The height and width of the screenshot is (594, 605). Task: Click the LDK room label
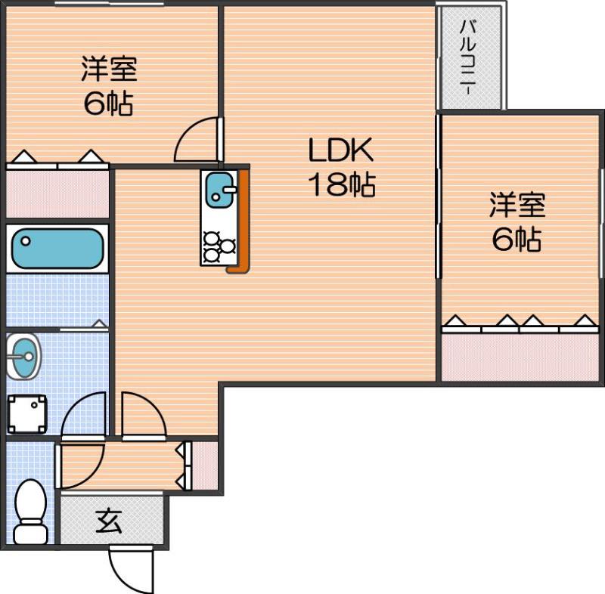pyautogui.click(x=340, y=150)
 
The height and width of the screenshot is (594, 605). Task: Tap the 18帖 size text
pyautogui.click(x=340, y=184)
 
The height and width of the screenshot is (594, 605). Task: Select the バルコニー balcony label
pyautogui.click(x=468, y=57)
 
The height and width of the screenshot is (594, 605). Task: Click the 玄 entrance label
pyautogui.click(x=110, y=521)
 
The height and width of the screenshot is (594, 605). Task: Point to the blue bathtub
pyautogui.click(x=57, y=248)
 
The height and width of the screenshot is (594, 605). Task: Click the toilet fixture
pyautogui.click(x=31, y=512)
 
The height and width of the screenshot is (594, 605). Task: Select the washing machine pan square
pyautogui.click(x=27, y=414)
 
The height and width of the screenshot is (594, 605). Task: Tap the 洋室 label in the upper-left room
pyautogui.click(x=109, y=70)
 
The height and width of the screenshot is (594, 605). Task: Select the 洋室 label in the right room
pyautogui.click(x=517, y=206)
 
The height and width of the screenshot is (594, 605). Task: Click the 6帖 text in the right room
pyautogui.click(x=517, y=240)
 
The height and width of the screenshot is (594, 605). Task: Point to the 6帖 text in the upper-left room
pyautogui.click(x=109, y=104)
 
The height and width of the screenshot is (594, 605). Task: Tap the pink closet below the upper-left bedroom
pyautogui.click(x=57, y=193)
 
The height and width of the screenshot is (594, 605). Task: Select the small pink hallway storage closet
pyautogui.click(x=205, y=465)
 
